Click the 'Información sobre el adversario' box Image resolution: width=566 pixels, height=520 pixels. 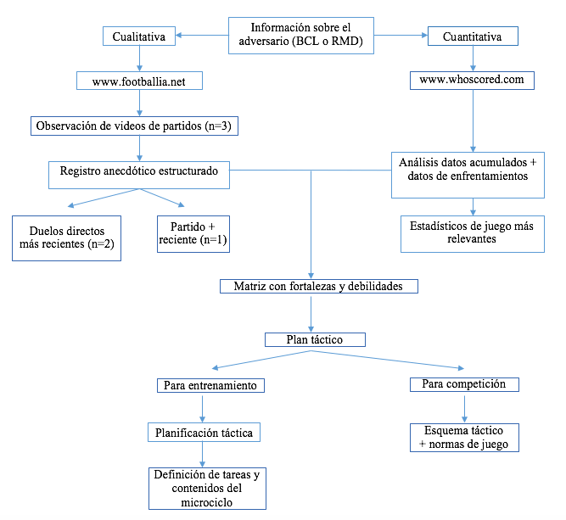coord(300,36)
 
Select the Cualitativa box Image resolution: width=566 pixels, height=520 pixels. coord(139,36)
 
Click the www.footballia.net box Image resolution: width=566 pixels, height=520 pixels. coord(139,81)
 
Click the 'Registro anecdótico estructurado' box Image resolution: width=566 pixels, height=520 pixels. coord(139,171)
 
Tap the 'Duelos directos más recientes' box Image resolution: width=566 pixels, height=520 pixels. coord(66,237)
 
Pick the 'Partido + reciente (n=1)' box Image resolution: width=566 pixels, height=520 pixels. coord(193,233)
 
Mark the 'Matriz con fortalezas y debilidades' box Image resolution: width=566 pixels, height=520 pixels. coord(319,287)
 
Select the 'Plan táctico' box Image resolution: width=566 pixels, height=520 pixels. coord(315,339)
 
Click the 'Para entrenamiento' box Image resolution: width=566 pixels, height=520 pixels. coord(210,385)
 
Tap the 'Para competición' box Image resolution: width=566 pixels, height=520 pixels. coord(463,384)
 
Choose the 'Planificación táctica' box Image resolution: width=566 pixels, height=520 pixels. coord(204,432)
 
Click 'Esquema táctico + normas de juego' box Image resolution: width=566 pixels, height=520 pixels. coord(463,437)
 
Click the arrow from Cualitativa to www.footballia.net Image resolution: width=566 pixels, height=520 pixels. coord(139,59)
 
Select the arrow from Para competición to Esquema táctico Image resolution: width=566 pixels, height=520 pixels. coord(463,406)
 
